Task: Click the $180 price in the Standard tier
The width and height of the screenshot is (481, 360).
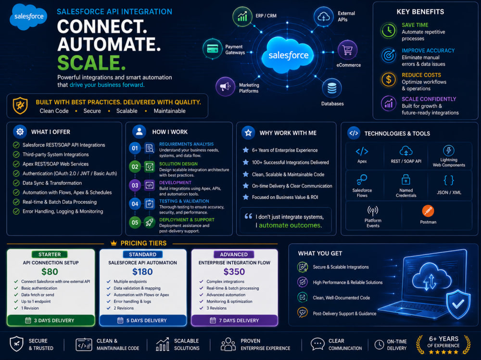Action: coord(142,272)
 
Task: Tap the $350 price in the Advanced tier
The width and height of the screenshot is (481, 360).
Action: coord(234,272)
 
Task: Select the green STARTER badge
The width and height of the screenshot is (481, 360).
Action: coord(50,254)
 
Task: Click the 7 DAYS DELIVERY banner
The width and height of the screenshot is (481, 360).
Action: coord(234,321)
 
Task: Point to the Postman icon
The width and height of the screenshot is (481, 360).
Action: coord(428,211)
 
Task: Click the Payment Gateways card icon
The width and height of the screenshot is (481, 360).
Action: coord(213,49)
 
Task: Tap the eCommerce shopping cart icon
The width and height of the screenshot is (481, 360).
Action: coord(347,50)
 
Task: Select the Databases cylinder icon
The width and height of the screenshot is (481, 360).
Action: coord(332,88)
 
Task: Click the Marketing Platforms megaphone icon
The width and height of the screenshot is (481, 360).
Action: coord(226,87)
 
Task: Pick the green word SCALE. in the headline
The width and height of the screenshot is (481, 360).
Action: coord(91,63)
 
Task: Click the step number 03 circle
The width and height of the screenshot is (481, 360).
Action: coord(135,186)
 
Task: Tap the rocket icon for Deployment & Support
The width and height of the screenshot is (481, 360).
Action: coord(150,223)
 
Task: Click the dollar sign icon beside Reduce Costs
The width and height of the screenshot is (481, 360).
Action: coord(389,79)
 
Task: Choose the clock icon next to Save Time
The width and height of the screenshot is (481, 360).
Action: coord(389,31)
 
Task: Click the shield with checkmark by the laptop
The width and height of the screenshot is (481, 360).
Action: coord(458,304)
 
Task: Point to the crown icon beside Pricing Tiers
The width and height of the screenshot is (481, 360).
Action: coord(114,243)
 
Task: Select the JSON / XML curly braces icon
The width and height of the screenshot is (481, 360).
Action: coord(449,180)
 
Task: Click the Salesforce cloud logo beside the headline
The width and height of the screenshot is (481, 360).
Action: coord(28,16)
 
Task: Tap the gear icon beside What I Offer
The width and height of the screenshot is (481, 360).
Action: coord(20,132)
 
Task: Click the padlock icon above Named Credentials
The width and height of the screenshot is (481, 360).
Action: coord(406,179)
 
